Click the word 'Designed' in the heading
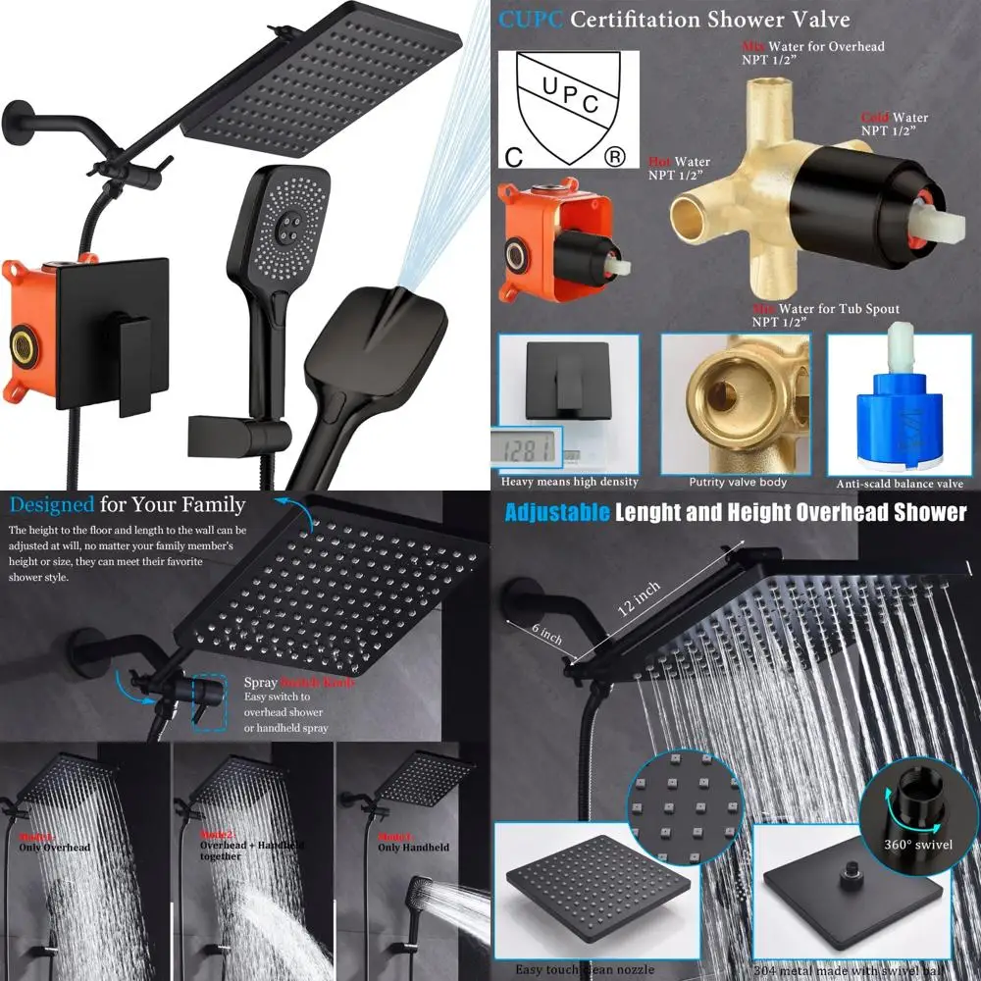click(x=52, y=505)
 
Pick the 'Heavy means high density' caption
click(x=569, y=482)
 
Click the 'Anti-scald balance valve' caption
click(x=898, y=484)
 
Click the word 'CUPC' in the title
click(x=530, y=20)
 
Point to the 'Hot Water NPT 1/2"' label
click(x=679, y=169)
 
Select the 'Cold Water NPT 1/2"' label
click(x=893, y=125)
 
